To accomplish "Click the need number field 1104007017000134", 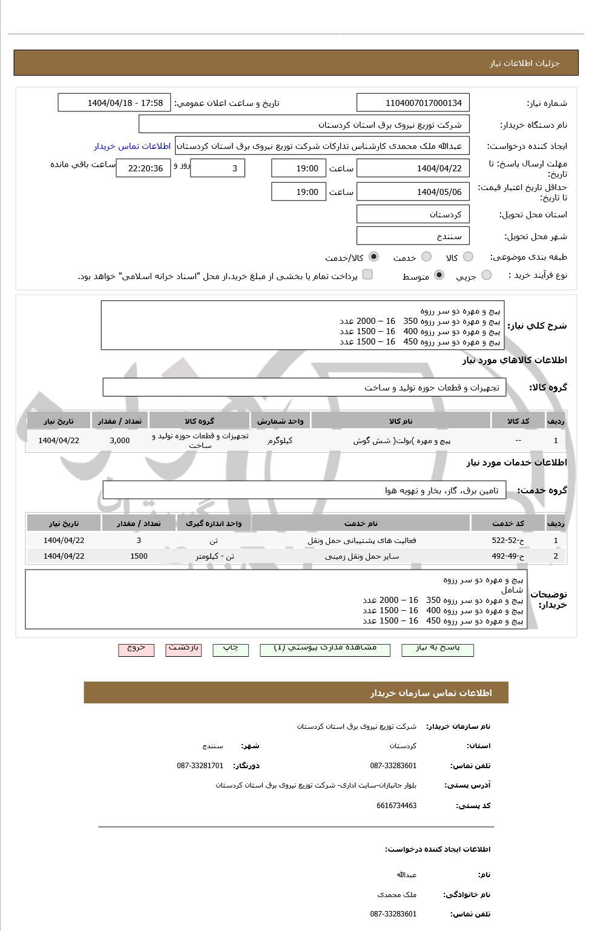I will point(413,103).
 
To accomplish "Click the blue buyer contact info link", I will point(132,146).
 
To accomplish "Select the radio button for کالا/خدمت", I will point(373,257).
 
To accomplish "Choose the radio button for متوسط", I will point(439,275).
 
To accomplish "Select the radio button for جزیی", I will point(486,275).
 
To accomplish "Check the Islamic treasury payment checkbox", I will point(367,275).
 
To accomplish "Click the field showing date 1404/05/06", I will point(413,192).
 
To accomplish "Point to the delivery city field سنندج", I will point(413,236).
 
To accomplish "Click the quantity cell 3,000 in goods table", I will point(120,441).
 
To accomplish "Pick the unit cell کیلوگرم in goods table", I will point(280,441).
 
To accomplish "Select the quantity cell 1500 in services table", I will point(139,556).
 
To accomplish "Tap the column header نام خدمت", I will point(361,524).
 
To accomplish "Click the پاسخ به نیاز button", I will point(438,649).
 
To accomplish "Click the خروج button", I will point(136,649).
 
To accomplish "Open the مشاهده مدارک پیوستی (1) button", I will point(324,649).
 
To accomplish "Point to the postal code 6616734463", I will point(396,806).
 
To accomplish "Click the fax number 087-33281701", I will point(200,766).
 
